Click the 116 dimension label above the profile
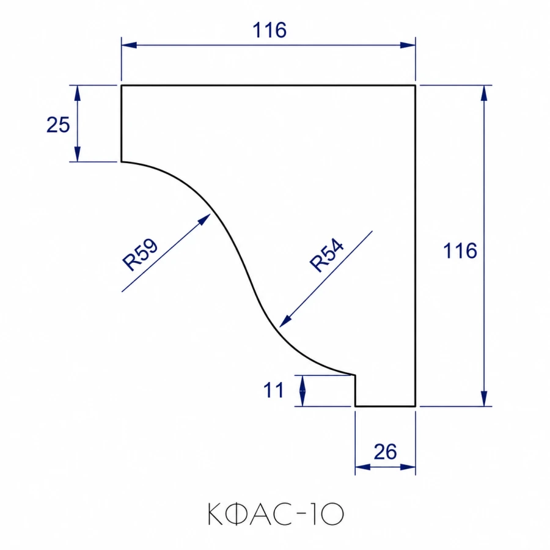click(269, 30)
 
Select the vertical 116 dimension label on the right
click(460, 251)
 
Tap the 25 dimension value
click(58, 125)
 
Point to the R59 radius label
click(140, 254)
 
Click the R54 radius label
click(326, 255)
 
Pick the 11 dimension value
click(273, 390)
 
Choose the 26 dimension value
click(385, 452)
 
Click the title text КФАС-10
click(276, 514)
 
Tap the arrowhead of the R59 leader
click(205, 219)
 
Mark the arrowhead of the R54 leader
click(285, 321)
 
